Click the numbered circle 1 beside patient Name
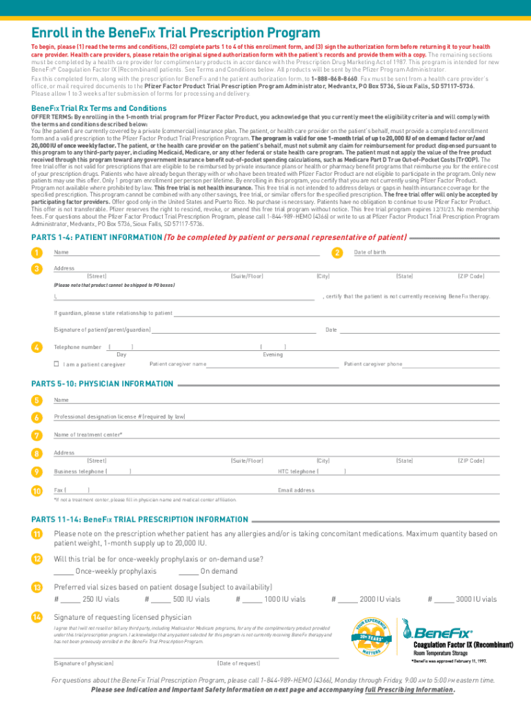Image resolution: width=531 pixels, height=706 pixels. click(36, 252)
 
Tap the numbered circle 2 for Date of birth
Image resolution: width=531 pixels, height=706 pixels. click(337, 252)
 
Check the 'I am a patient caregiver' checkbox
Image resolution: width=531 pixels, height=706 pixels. click(57, 364)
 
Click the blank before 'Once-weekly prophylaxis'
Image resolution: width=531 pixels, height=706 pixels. click(63, 571)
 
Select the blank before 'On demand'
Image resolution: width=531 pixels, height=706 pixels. click(188, 571)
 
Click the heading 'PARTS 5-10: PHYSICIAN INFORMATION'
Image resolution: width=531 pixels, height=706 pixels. click(103, 383)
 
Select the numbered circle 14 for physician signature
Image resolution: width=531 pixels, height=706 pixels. click(36, 616)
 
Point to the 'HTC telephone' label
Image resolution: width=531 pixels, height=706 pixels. click(297, 472)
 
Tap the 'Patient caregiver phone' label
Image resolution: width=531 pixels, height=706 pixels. click(373, 364)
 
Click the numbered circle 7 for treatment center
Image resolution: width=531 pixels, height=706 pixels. click(36, 435)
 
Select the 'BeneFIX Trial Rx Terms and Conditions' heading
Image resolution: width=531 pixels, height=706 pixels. click(99, 108)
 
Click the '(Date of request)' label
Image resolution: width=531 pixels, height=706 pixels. click(239, 663)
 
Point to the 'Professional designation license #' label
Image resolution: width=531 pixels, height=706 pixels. click(119, 417)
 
